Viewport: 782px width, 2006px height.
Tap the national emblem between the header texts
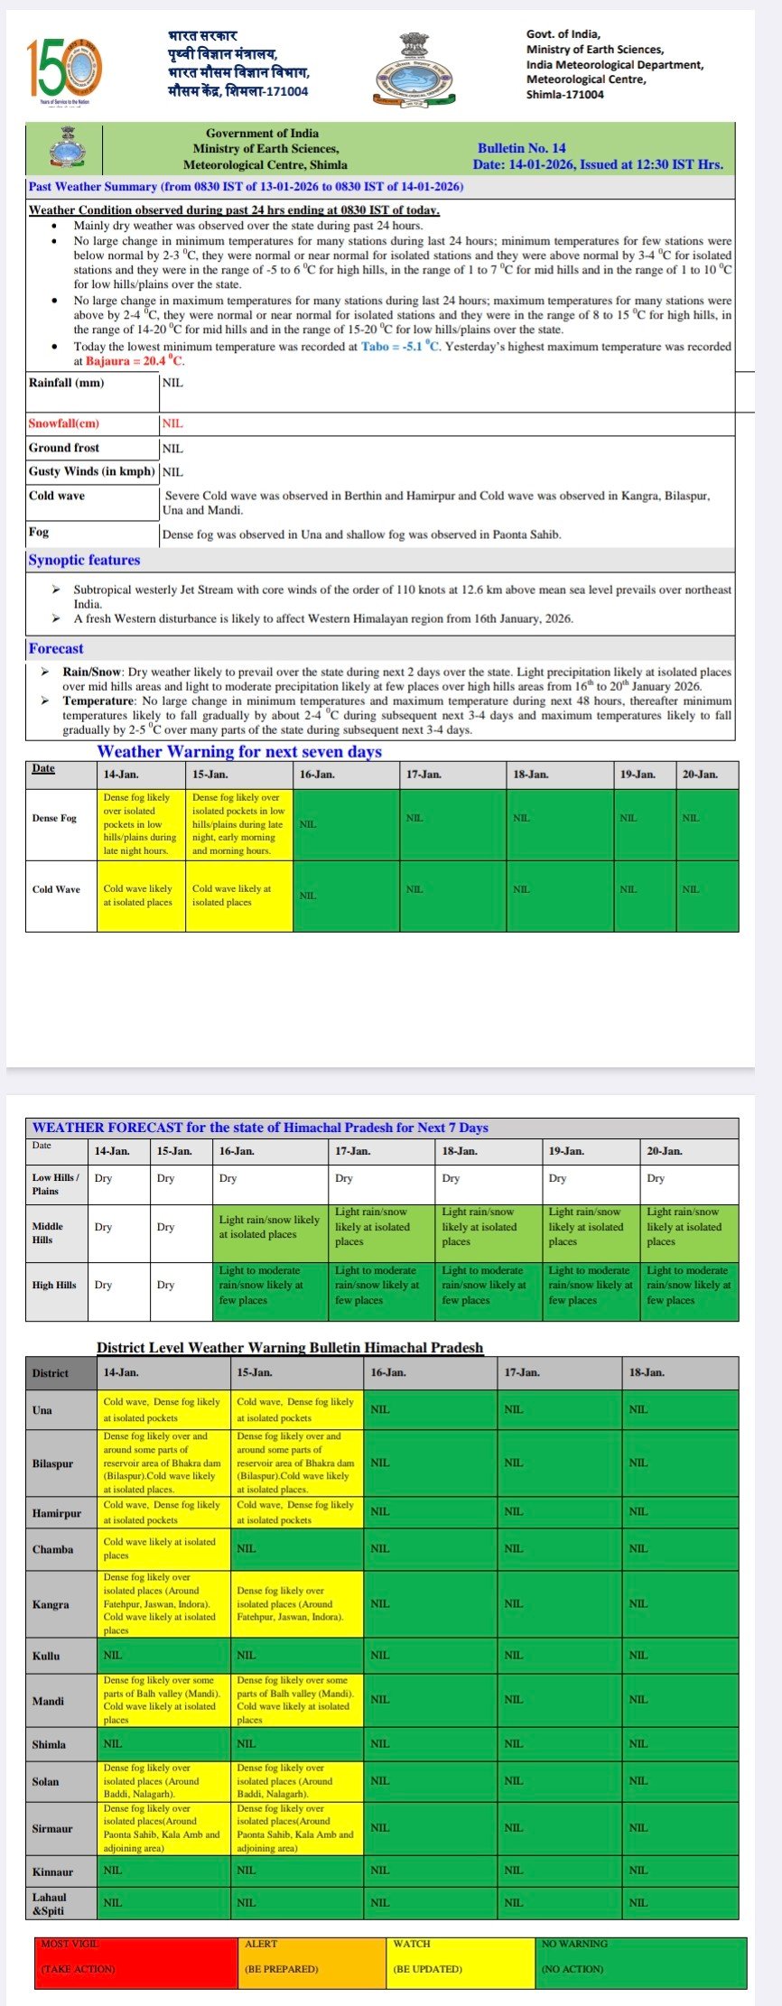point(411,70)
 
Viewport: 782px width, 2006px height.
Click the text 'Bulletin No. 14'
point(521,148)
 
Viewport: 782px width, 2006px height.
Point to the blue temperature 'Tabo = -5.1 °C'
point(401,347)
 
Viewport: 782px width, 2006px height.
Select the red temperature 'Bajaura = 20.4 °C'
point(135,361)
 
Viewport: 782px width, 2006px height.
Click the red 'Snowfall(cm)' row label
point(64,423)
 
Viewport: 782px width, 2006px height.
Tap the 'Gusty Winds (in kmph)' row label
point(92,471)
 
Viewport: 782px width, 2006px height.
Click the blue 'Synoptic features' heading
point(84,560)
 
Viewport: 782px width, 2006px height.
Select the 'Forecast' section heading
point(56,648)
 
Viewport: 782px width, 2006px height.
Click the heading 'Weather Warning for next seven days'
point(239,751)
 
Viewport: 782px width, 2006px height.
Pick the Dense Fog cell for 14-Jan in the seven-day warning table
point(141,823)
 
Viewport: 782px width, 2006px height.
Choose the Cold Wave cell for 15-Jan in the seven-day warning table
point(238,895)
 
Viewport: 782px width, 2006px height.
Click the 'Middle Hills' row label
point(48,1232)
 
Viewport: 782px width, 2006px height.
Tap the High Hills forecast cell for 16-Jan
point(271,1285)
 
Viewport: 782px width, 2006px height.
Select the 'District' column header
point(51,1372)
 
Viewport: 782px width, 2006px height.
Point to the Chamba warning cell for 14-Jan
point(163,1548)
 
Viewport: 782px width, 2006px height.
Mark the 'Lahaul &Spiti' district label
point(50,1902)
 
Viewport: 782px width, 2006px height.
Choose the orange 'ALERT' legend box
point(312,1963)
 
